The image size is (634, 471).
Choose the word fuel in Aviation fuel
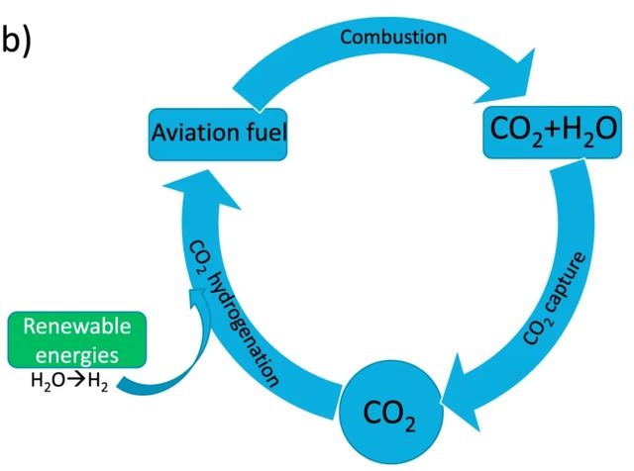click(263, 130)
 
